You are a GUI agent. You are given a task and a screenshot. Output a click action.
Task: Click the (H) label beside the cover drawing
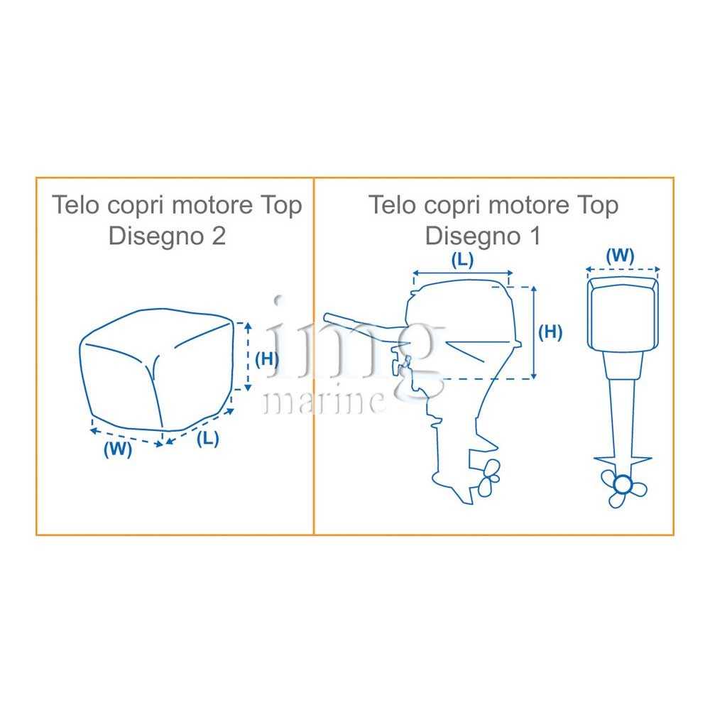pyautogui.click(x=267, y=359)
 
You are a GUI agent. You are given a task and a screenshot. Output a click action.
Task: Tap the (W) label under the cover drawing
pyautogui.click(x=118, y=449)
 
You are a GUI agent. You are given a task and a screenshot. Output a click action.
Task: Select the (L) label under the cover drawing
pyautogui.click(x=208, y=438)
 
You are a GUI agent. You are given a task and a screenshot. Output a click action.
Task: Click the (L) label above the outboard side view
pyautogui.click(x=462, y=260)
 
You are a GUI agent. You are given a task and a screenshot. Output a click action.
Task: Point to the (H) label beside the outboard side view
pyautogui.click(x=550, y=332)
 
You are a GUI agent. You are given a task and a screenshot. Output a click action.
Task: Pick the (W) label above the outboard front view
pyautogui.click(x=620, y=256)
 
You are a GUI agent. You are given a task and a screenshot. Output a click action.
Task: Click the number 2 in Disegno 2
pyautogui.click(x=219, y=236)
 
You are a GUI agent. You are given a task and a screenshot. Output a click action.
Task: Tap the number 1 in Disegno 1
pyautogui.click(x=535, y=236)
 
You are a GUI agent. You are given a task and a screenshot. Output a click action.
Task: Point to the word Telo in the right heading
pyautogui.click(x=392, y=204)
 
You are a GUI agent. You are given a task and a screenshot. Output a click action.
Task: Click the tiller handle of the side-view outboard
pyautogui.click(x=358, y=323)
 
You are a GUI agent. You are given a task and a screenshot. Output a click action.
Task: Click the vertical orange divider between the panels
pyautogui.click(x=314, y=356)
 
